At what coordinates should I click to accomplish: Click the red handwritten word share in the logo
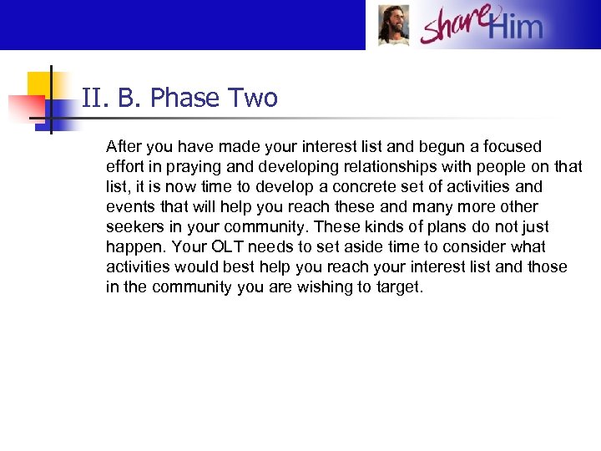[x=455, y=25]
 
